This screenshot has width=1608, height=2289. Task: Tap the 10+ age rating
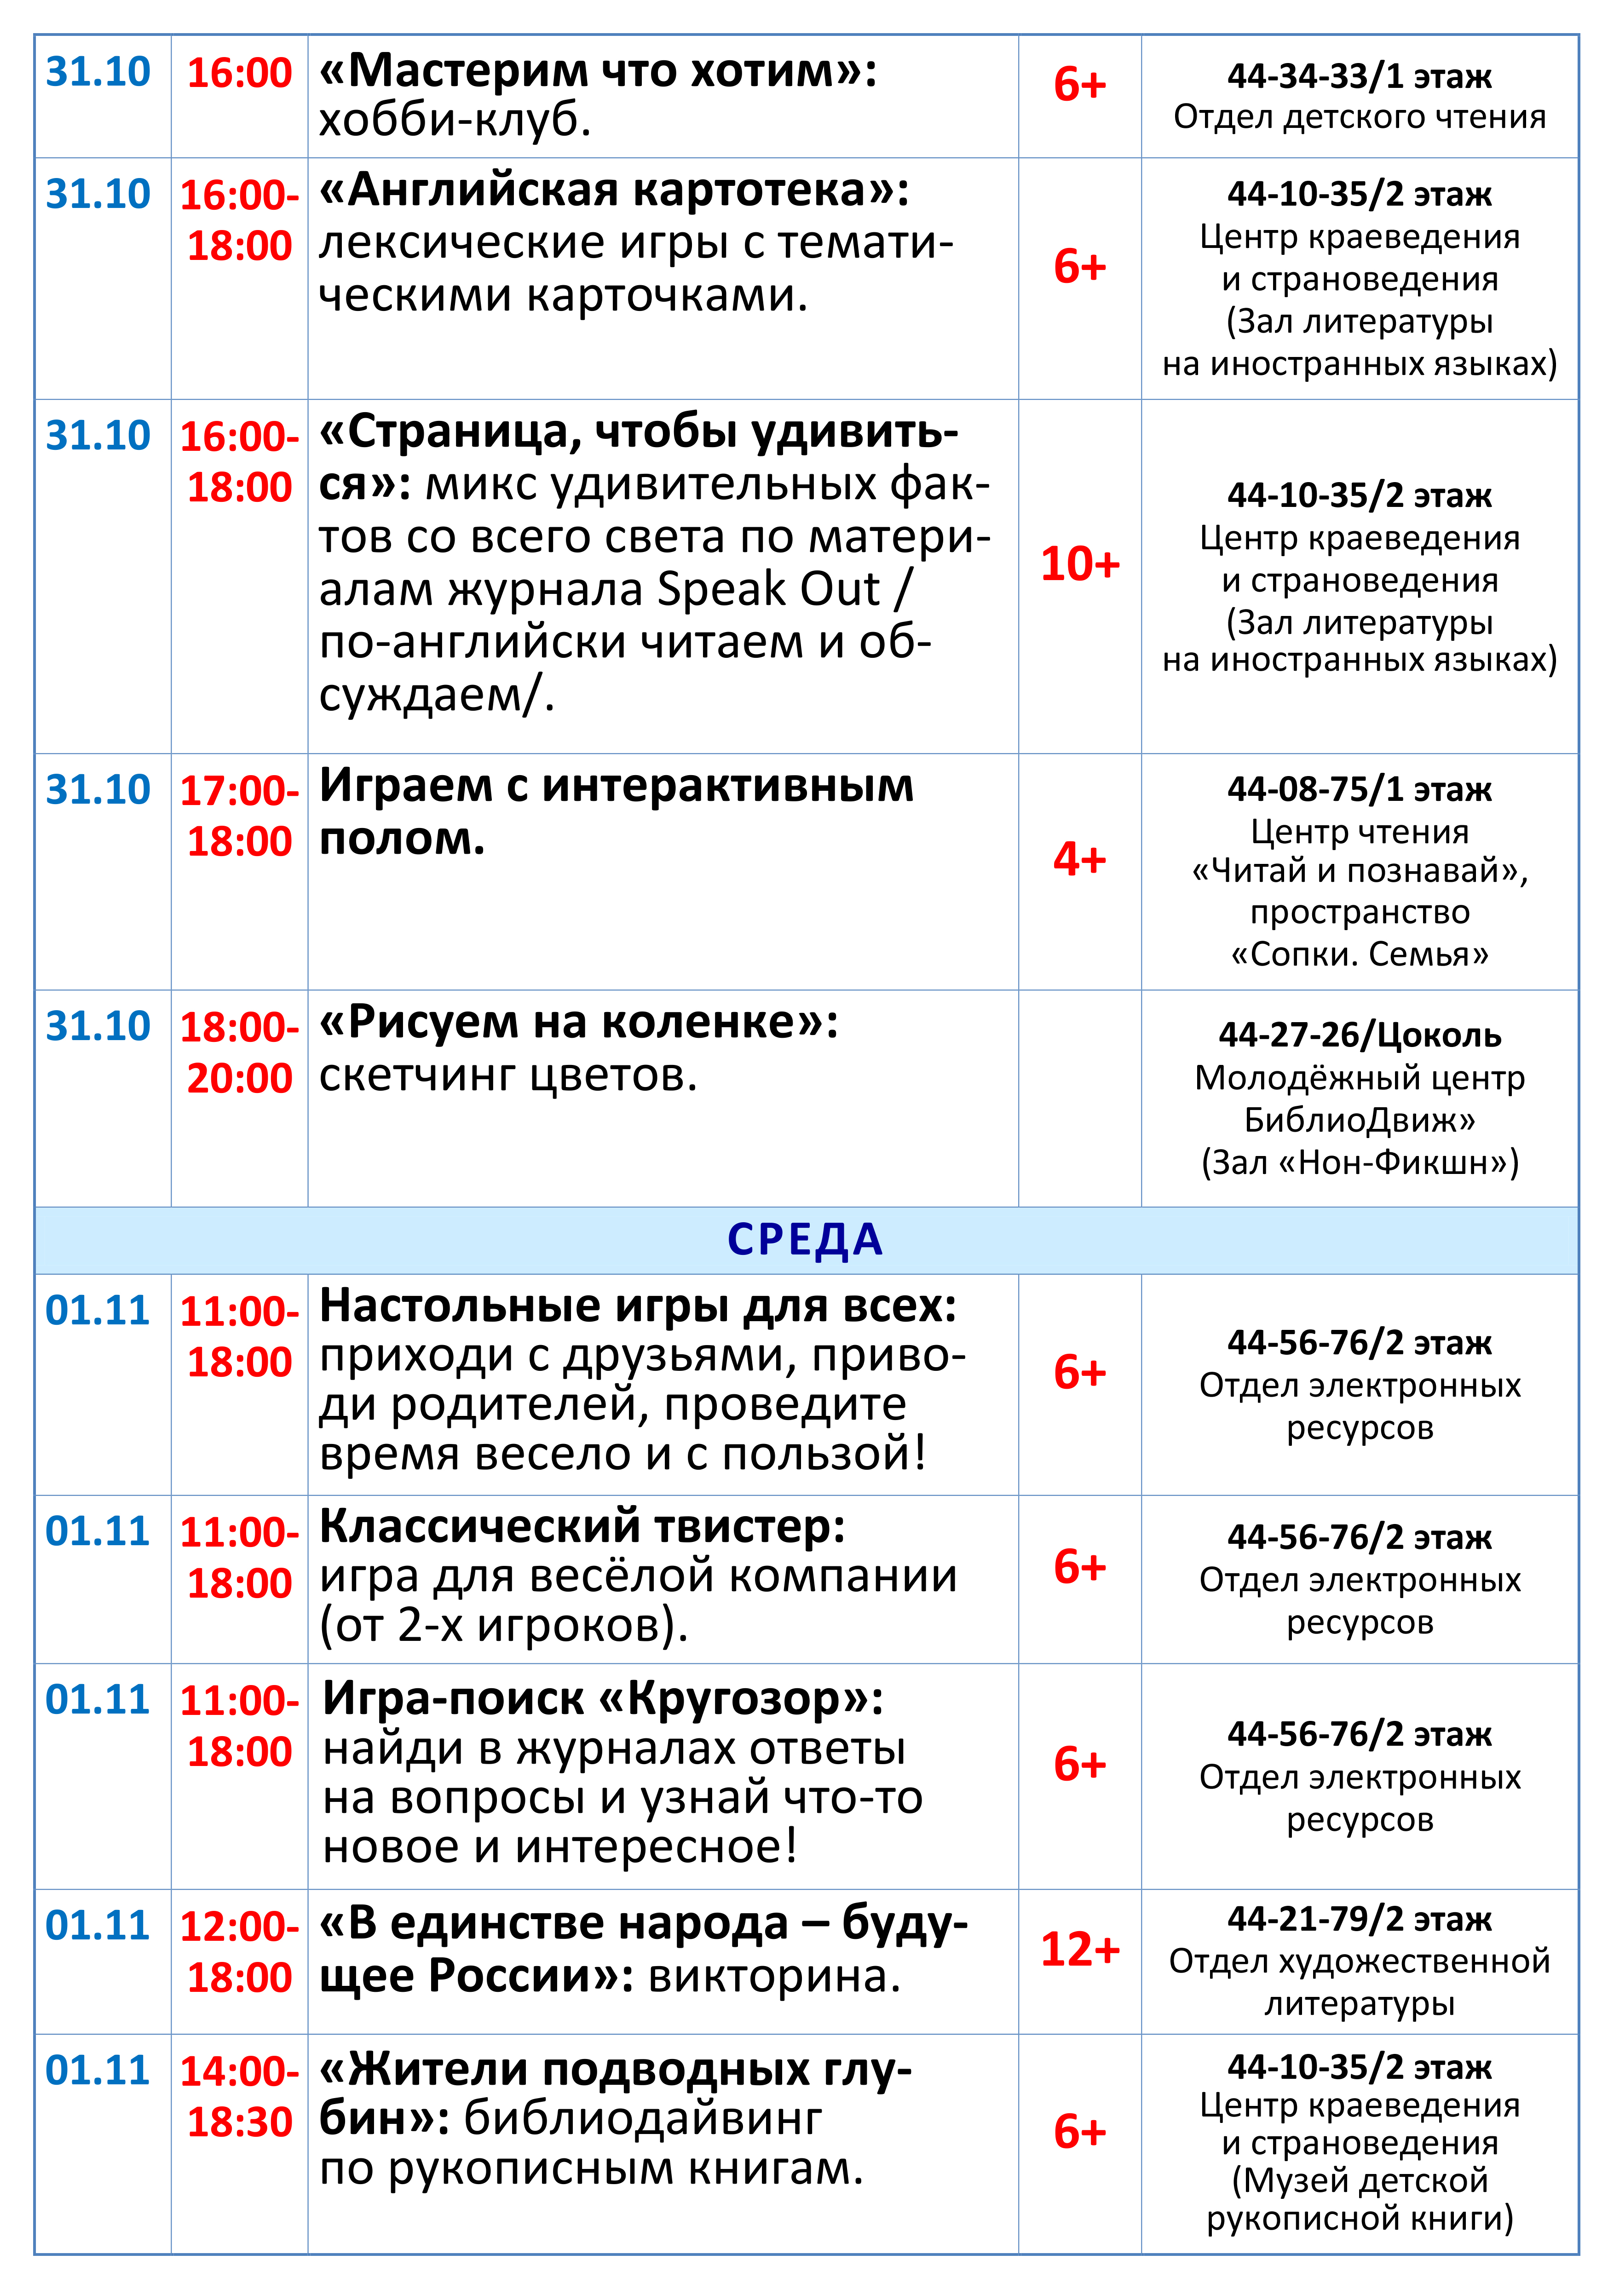coord(1080,564)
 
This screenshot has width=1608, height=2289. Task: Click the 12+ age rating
coord(1080,1949)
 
